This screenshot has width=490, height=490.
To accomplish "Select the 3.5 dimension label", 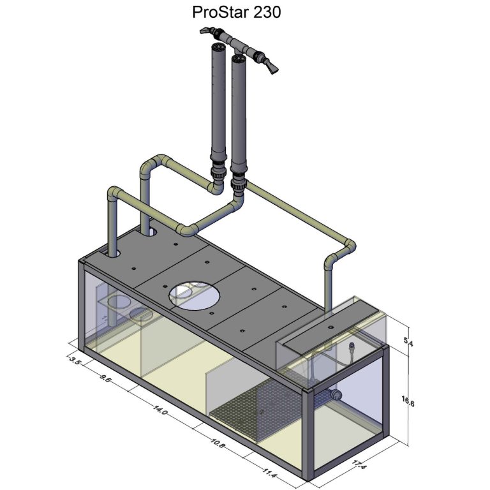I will pyautogui.click(x=75, y=360).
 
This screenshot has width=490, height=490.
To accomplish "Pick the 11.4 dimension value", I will pyautogui.click(x=268, y=473).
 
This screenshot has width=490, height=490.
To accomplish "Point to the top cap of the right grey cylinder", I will pyautogui.click(x=239, y=59).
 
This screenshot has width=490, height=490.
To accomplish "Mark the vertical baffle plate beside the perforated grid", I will pyautogui.click(x=218, y=389).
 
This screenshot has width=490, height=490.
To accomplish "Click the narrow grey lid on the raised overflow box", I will pyautogui.click(x=330, y=327).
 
